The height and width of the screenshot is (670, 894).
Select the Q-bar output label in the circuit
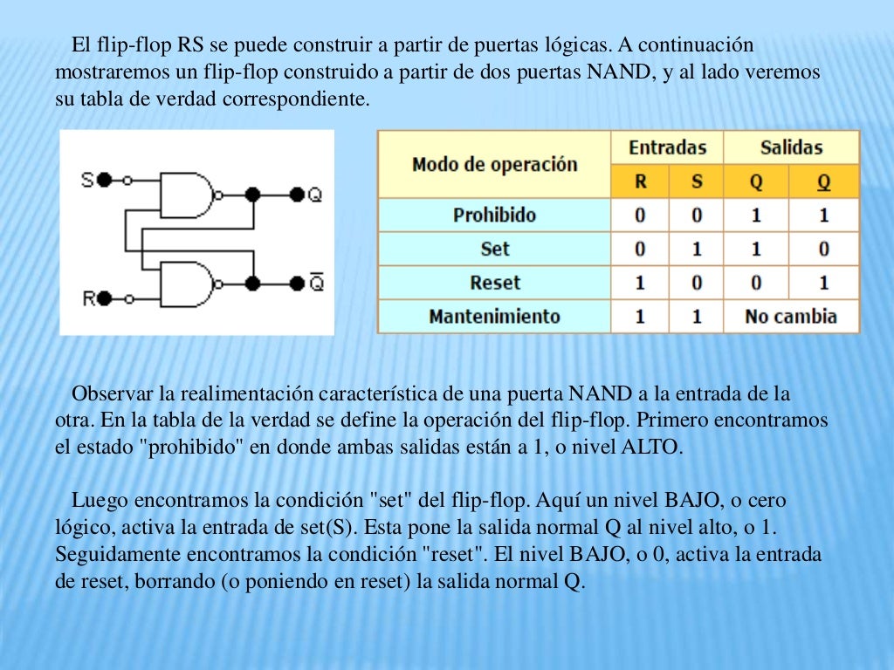[316, 283]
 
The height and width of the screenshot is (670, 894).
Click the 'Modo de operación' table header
[494, 164]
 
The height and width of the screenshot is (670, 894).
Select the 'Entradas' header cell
[667, 147]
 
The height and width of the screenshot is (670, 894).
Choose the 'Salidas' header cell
[791, 147]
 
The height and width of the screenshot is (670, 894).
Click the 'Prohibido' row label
[494, 215]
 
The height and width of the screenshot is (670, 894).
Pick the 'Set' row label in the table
[494, 249]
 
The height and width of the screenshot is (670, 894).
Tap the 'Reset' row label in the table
[494, 283]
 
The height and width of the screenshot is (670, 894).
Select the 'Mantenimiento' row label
[494, 316]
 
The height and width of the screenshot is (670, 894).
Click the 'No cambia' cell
[791, 316]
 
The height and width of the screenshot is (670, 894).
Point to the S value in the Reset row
[696, 283]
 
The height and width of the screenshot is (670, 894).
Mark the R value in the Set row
[640, 249]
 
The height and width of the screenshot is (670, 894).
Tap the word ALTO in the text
[649, 448]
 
